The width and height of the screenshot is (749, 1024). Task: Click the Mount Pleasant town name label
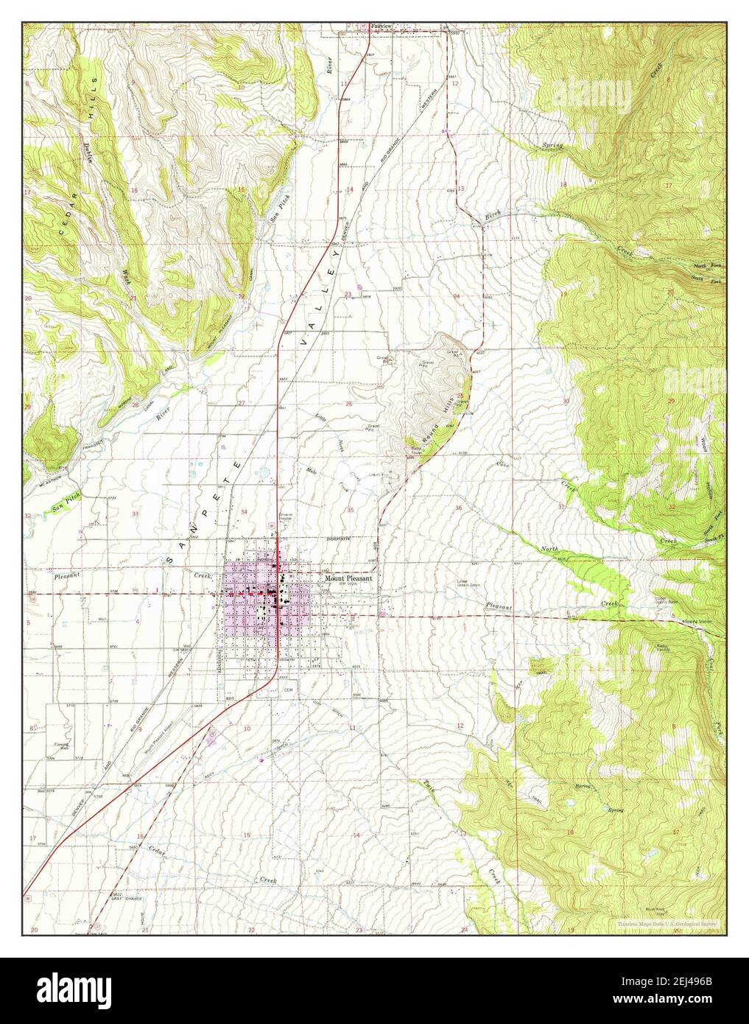348,579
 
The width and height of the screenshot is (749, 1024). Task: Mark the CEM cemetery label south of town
289,690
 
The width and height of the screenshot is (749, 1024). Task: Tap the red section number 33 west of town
136,513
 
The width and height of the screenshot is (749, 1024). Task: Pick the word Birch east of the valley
493,214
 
